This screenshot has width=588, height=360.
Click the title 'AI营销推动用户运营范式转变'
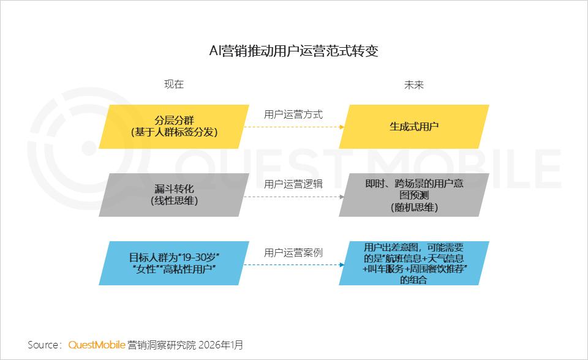point(294,51)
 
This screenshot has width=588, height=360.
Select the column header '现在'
point(174,84)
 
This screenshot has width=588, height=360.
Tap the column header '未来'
point(413,84)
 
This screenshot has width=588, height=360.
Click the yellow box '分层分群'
point(174,126)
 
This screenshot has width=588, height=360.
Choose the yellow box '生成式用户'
point(414,127)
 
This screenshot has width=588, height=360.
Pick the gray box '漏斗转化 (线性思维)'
point(174,195)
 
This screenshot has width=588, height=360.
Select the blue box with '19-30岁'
point(174,263)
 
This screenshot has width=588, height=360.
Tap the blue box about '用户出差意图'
point(414,263)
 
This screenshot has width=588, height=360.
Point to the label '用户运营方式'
point(293,114)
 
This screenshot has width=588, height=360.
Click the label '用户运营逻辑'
point(293,184)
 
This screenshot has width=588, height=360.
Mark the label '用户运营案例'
point(293,252)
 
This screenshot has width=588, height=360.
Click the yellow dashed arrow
point(293,127)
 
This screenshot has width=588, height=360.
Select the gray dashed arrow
point(293,197)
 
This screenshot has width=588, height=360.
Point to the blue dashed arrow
point(293,265)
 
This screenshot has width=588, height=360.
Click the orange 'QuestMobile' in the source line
point(97,345)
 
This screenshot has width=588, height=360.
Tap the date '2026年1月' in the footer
point(221,345)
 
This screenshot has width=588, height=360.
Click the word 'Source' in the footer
point(44,345)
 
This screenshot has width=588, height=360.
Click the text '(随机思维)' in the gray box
point(414,208)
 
